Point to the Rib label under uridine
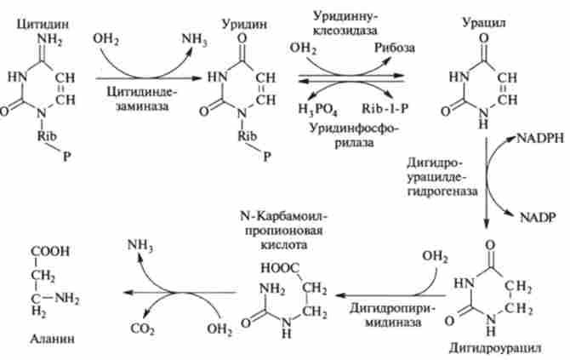coord(248,135)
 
